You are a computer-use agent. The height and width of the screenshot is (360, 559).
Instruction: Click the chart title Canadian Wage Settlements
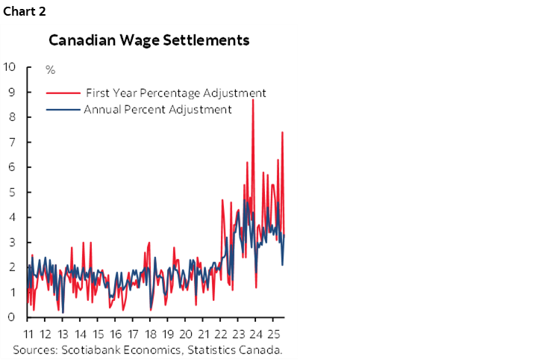tap(149, 40)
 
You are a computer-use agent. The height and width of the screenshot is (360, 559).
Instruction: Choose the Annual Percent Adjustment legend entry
tap(157, 110)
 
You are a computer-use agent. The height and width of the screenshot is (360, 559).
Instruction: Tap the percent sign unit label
tap(50, 70)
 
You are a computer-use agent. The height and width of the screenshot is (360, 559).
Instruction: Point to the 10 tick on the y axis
tap(10, 66)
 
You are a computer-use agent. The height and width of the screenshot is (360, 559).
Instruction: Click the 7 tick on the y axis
tap(13, 142)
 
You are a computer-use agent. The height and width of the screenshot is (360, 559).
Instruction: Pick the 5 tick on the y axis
tap(13, 192)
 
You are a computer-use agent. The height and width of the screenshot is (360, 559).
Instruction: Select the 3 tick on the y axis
tap(13, 242)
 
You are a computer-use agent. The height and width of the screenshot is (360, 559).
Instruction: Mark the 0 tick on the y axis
tap(13, 317)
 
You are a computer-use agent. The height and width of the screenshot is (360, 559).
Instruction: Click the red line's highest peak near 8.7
tap(253, 99)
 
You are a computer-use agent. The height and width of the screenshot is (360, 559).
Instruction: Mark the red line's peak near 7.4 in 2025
tap(282, 132)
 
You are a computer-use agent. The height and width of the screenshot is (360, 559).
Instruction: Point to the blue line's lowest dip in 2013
tap(63, 312)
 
